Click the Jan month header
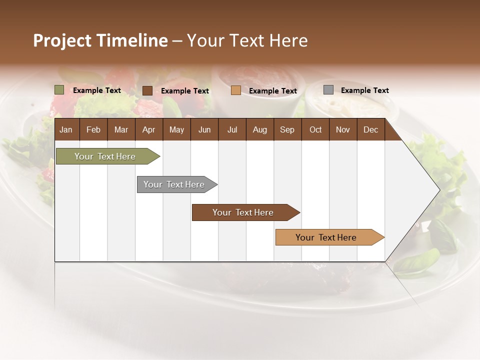click(66, 129)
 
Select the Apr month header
click(148, 129)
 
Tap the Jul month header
click(232, 129)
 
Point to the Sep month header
click(287, 129)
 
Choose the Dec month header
click(370, 129)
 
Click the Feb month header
click(93, 129)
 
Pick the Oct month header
click(315, 129)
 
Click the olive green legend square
click(59, 90)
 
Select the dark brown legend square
click(147, 90)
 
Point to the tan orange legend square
click(236, 90)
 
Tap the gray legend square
click(328, 90)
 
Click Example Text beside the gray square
click(364, 90)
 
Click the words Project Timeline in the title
click(100, 40)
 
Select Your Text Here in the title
click(247, 40)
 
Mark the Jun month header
click(204, 129)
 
